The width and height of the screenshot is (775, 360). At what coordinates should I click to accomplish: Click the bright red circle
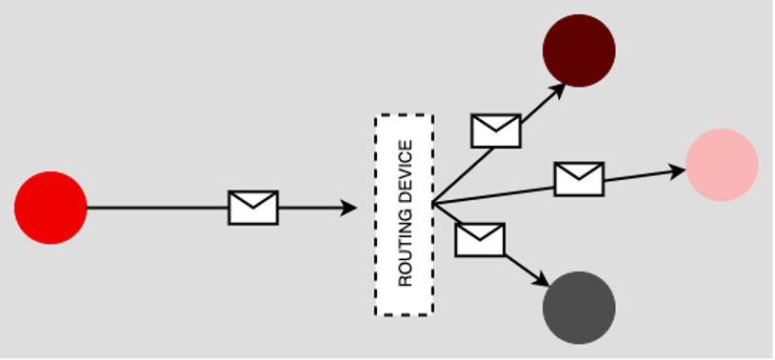[50, 208]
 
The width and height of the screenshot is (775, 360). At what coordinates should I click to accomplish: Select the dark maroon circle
[579, 50]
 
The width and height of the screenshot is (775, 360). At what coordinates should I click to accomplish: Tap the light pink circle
[722, 165]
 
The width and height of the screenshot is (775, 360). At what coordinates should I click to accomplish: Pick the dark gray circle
[579, 308]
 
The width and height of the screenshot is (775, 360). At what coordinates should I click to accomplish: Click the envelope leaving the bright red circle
[253, 208]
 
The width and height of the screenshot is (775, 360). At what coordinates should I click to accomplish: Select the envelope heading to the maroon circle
[496, 130]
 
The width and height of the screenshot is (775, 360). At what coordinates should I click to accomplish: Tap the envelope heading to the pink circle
[579, 178]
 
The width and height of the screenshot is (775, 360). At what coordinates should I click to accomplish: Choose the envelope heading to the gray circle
[480, 239]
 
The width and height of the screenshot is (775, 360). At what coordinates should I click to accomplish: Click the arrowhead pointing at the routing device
[348, 208]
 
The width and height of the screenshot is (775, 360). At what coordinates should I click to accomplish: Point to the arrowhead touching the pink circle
[677, 171]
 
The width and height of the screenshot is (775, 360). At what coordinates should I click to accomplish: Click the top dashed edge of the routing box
[404, 115]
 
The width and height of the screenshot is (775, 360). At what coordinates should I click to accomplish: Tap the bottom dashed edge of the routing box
[404, 312]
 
